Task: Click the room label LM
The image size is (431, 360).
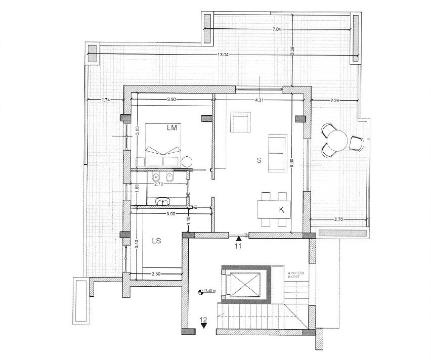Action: click(x=173, y=128)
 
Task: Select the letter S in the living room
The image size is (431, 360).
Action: click(x=258, y=160)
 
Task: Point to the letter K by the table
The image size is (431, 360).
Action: click(x=281, y=209)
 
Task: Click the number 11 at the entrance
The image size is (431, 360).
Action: click(x=238, y=247)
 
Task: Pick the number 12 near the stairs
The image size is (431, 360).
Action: click(x=203, y=319)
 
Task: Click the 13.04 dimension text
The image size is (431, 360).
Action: click(x=223, y=55)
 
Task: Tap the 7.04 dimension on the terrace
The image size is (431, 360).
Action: click(x=276, y=29)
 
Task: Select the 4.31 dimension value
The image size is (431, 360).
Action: click(x=258, y=100)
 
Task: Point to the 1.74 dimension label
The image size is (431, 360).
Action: click(x=106, y=100)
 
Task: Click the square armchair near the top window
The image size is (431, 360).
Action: click(x=240, y=121)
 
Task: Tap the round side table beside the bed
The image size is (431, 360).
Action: click(x=187, y=161)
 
